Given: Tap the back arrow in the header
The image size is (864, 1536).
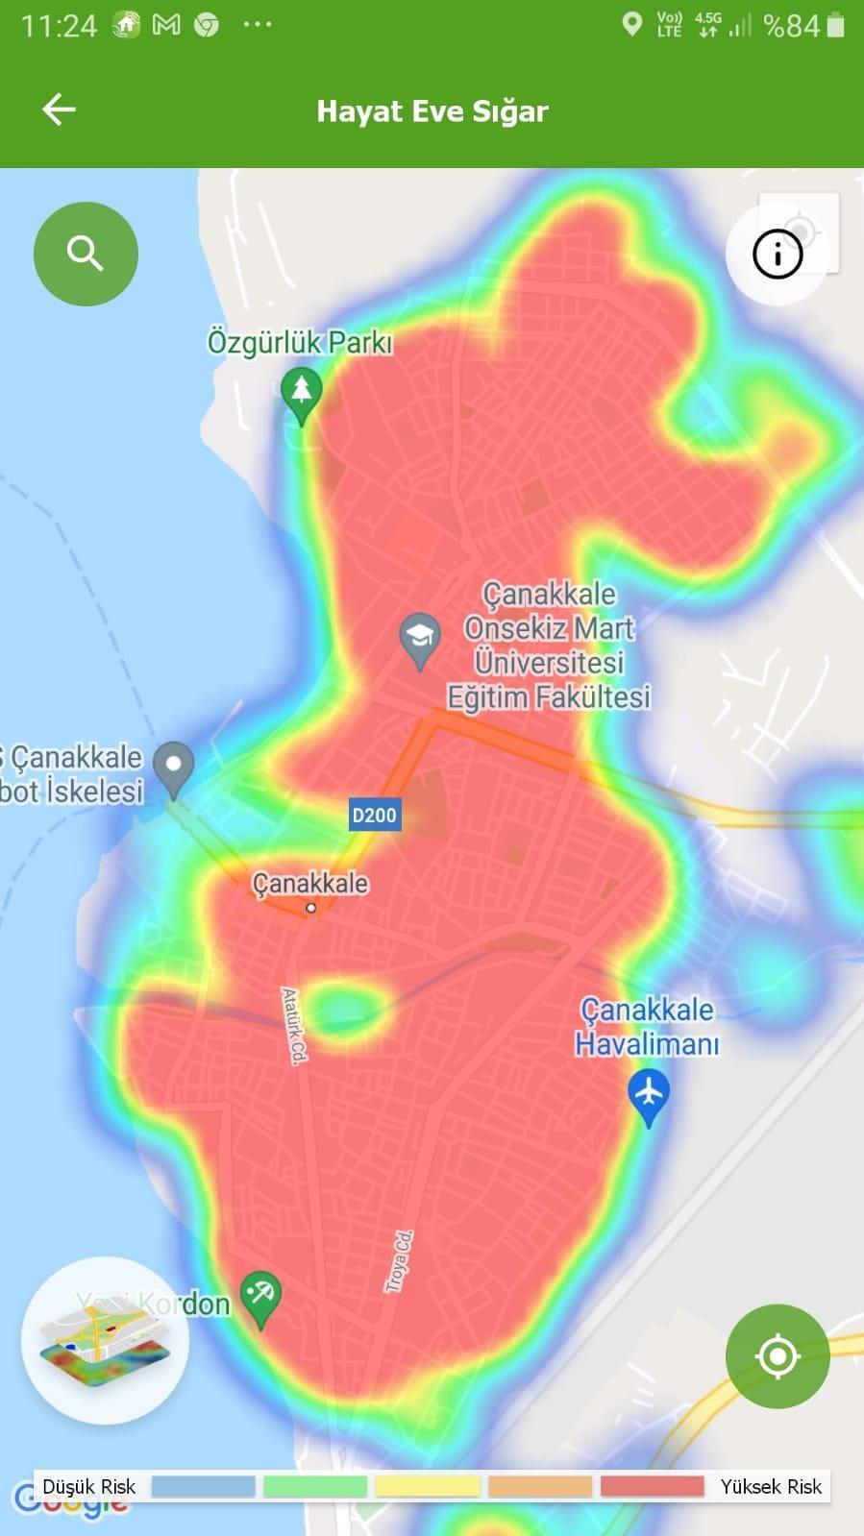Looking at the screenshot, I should (59, 110).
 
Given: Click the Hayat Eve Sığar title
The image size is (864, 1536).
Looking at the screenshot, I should (432, 111).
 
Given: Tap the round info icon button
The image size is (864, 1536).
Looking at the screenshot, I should (777, 255).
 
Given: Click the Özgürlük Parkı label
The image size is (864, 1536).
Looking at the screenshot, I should (300, 342).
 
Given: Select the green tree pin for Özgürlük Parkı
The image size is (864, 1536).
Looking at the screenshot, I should (302, 393).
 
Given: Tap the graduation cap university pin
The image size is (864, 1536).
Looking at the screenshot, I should (420, 638).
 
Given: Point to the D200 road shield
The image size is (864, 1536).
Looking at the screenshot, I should (374, 816).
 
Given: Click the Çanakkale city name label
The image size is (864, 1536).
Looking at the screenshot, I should (309, 883).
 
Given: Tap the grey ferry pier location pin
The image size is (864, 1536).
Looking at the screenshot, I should (174, 767).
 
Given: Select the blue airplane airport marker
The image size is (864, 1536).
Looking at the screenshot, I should (649, 1095).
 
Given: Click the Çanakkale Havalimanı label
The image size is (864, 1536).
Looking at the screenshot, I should (647, 1026).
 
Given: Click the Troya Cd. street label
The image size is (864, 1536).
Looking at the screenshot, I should (399, 1261).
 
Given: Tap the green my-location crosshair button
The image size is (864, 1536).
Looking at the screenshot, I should (778, 1355).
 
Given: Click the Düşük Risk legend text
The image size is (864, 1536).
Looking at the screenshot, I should (89, 1486).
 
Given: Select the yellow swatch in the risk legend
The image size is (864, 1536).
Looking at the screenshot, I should (428, 1486).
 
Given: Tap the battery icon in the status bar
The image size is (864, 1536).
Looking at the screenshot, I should (835, 26).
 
